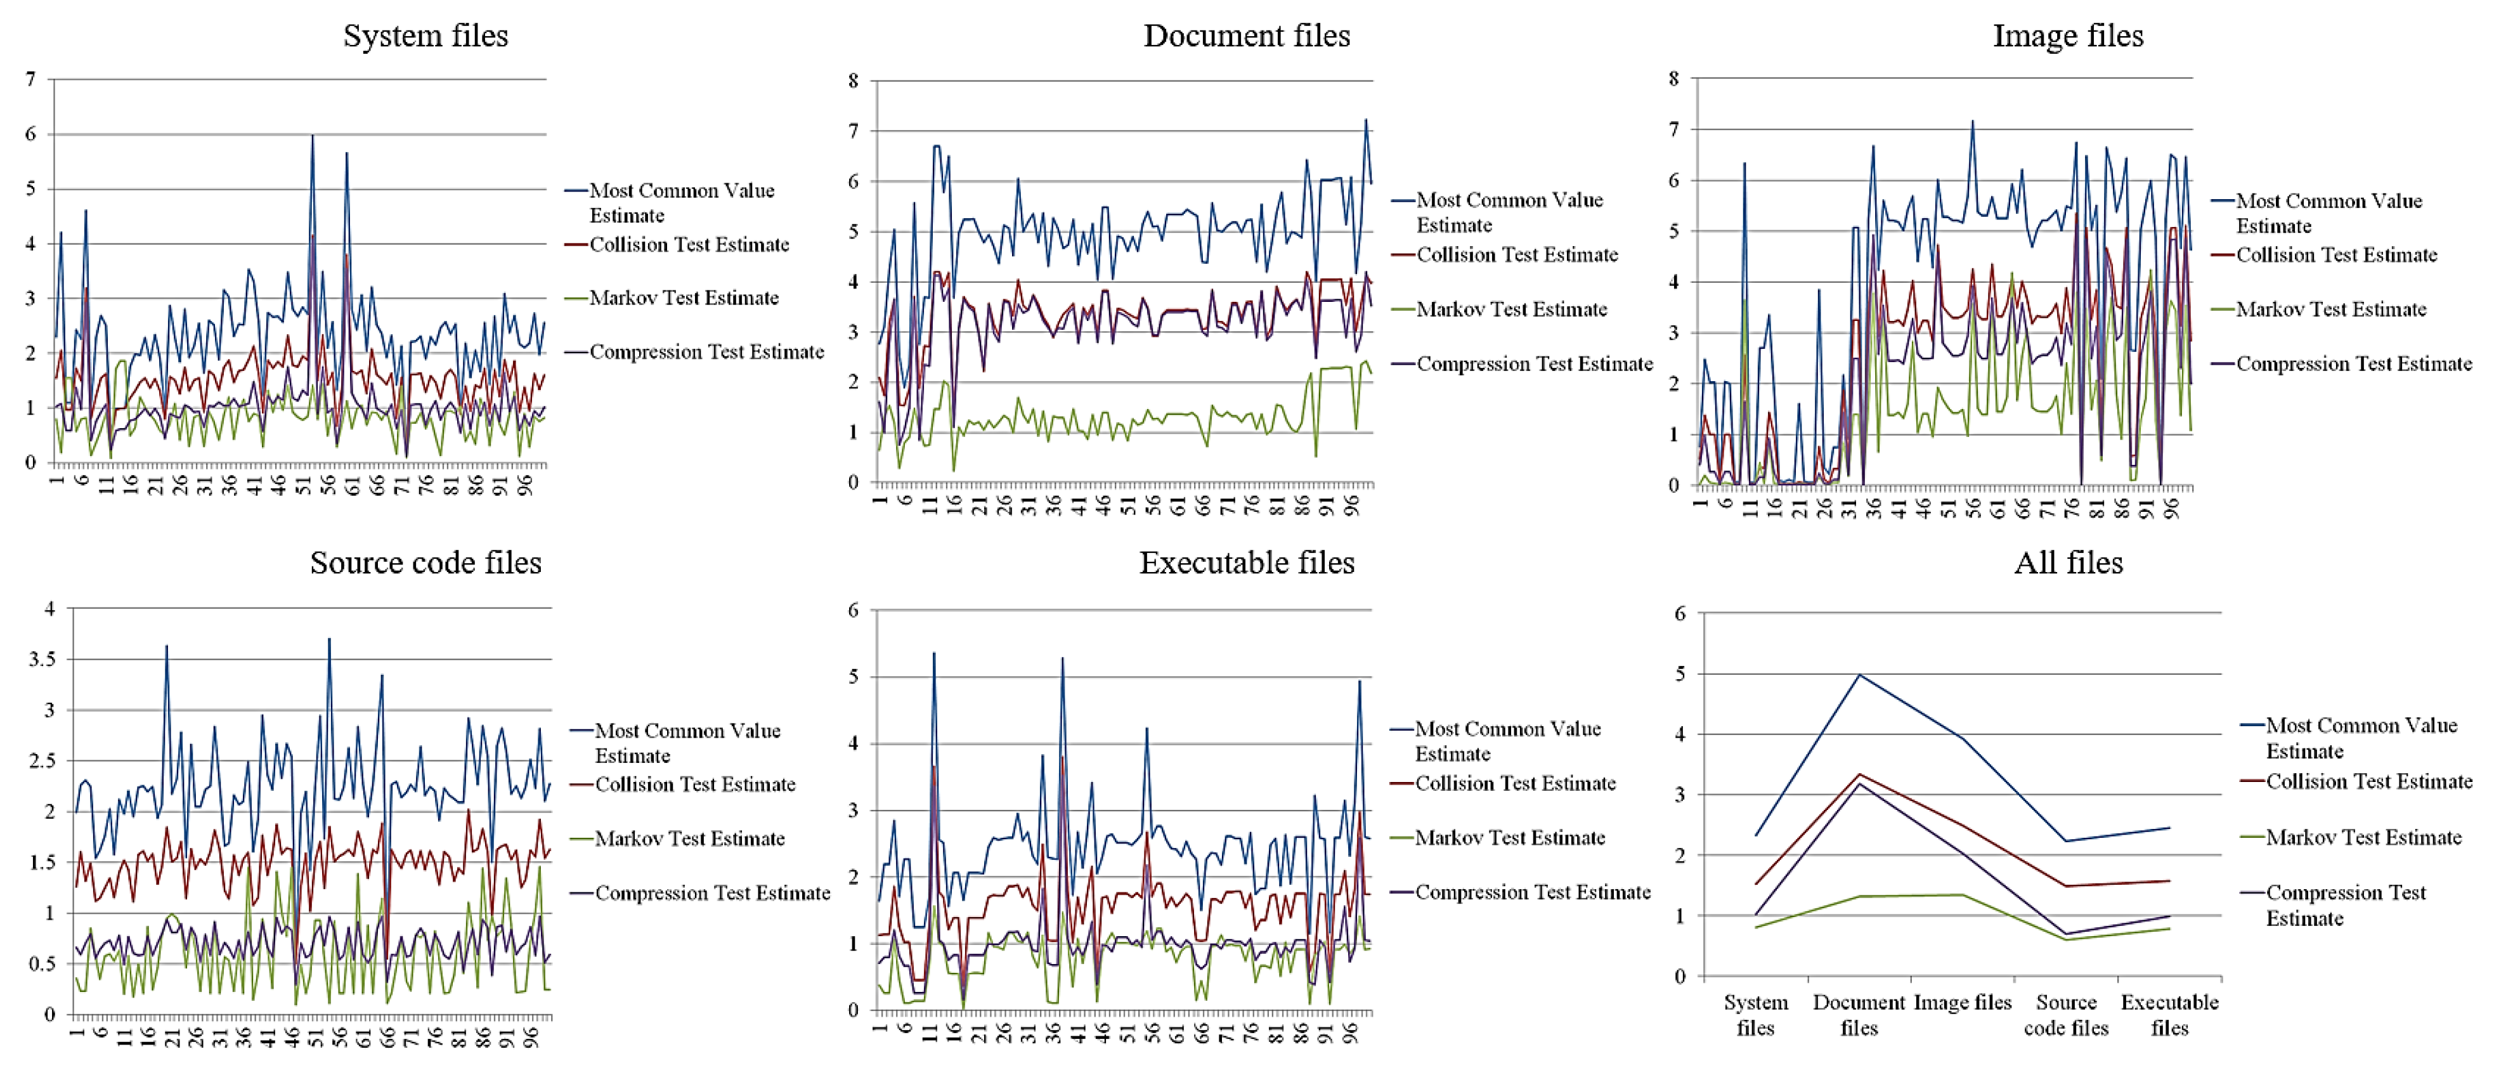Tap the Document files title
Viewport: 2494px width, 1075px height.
click(1246, 36)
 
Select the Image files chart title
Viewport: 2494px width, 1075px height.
click(2068, 36)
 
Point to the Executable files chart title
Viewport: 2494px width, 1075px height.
click(1246, 563)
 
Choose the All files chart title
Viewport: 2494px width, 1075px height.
click(2068, 563)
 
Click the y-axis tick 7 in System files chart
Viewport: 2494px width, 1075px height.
click(31, 79)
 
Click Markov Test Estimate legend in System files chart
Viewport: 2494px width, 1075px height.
click(684, 298)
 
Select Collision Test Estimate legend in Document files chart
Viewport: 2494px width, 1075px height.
click(1517, 255)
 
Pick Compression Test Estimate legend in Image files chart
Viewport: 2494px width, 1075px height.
click(2354, 364)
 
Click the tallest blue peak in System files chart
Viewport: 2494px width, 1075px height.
click(312, 136)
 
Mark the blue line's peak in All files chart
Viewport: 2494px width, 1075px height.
click(1859, 675)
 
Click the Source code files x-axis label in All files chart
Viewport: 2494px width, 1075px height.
click(2066, 1015)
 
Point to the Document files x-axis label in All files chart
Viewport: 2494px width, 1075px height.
click(1859, 1015)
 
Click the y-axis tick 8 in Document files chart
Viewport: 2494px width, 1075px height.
click(853, 81)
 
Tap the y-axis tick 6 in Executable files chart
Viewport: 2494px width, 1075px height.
click(853, 610)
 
